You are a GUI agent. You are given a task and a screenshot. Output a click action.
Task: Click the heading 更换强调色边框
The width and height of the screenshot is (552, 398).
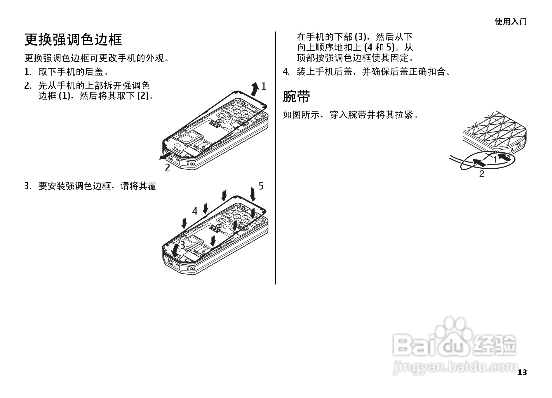[73, 40]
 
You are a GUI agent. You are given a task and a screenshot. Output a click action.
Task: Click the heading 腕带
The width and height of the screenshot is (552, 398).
[296, 96]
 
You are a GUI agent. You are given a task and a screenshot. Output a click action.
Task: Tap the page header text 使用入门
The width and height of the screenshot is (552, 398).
[510, 22]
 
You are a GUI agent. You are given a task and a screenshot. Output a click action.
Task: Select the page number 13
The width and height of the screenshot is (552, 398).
[522, 372]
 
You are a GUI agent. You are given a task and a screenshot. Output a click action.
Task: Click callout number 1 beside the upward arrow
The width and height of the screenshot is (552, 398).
[264, 86]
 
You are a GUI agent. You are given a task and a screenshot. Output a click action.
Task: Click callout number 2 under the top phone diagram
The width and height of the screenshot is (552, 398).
[168, 168]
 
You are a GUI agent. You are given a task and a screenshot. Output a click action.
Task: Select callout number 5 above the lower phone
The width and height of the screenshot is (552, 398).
[261, 186]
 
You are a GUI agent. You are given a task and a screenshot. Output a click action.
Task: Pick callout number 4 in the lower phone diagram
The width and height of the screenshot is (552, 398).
[195, 211]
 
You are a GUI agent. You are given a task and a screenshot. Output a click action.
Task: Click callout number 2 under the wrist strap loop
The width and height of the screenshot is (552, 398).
[482, 174]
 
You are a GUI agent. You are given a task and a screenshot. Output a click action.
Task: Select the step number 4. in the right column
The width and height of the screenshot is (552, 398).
[286, 72]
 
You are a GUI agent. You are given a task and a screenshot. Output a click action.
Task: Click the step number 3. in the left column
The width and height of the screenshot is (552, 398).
[28, 186]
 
